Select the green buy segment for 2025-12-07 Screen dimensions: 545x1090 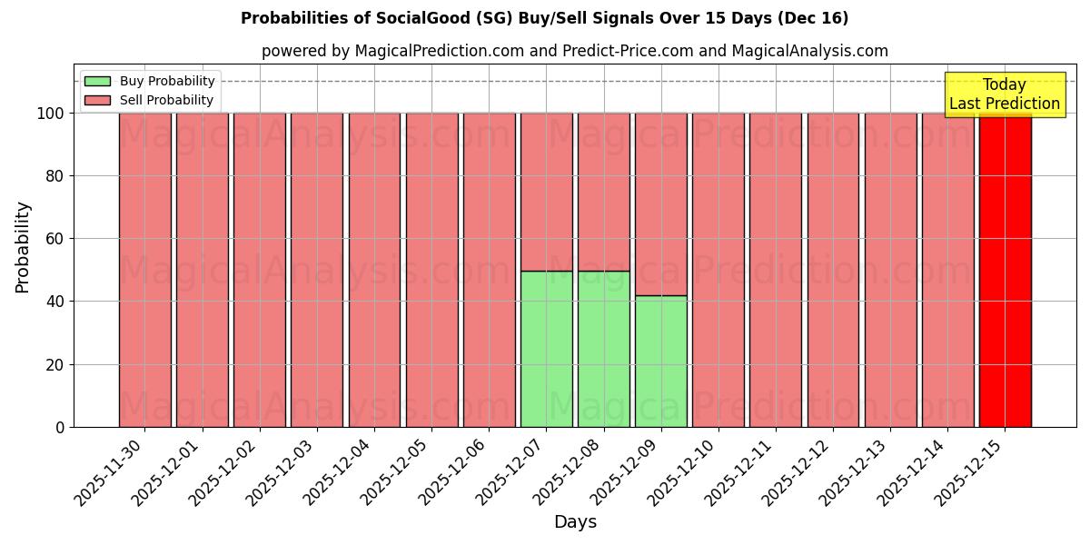pos(546,349)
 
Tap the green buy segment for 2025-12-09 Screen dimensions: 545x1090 pos(660,362)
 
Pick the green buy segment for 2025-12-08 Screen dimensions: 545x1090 pos(603,349)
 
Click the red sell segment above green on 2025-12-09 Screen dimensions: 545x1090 pos(660,204)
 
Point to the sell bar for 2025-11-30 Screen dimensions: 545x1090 pos(144,270)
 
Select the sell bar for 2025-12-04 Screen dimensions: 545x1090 pos(374,270)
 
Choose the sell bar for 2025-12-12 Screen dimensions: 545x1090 pos(833,270)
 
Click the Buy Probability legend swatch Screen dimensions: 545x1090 pos(97,82)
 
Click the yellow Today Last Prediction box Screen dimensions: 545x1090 pos(1005,94)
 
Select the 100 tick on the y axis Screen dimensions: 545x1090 pos(53,114)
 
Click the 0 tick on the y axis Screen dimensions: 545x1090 pos(61,427)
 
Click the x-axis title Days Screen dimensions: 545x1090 pos(575,522)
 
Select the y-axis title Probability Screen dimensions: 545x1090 pos(23,247)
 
